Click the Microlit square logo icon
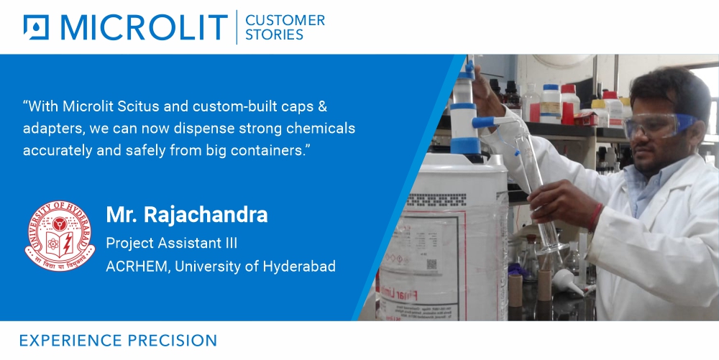pos(35,27)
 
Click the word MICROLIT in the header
pos(145,27)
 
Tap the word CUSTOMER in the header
pos(285,20)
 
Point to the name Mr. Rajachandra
pos(187,214)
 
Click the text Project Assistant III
pos(171,243)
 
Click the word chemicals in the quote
pos(324,129)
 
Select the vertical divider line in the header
pos(237,27)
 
